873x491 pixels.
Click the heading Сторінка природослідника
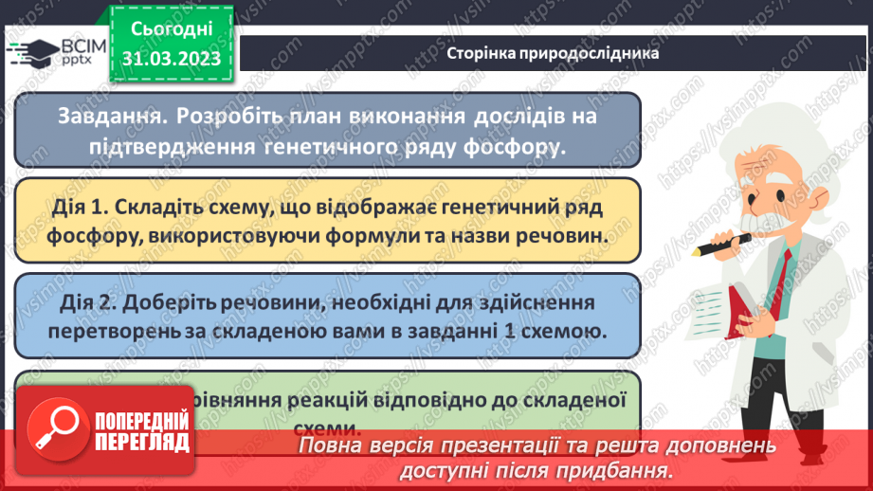[553, 54]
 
